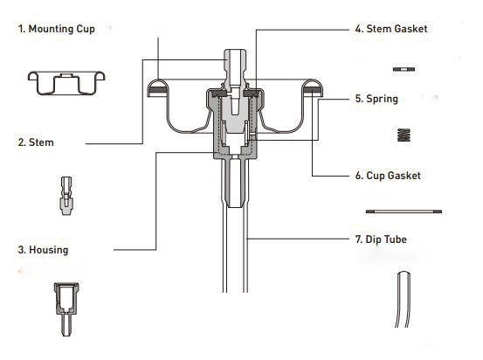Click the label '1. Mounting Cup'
click(57, 29)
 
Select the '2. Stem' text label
click(36, 142)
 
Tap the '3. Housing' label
click(43, 250)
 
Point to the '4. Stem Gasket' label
click(391, 29)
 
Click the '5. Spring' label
click(376, 99)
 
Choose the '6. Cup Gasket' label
click(388, 176)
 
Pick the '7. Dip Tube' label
click(381, 239)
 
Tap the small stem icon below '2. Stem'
click(66, 196)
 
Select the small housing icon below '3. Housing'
click(66, 309)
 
